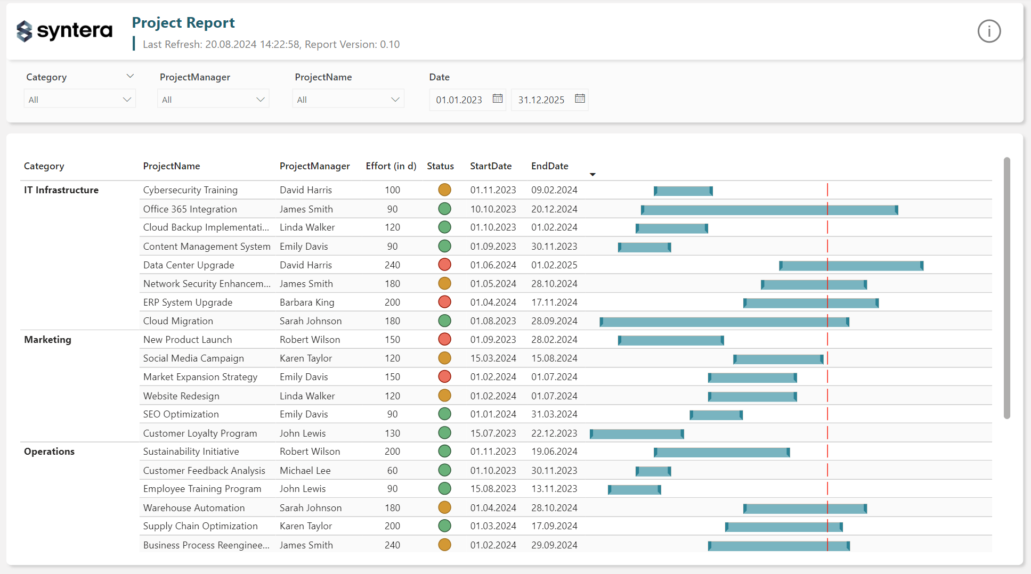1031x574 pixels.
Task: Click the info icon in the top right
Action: [989, 31]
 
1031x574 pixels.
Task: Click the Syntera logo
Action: [64, 31]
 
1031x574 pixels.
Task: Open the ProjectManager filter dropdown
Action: [213, 100]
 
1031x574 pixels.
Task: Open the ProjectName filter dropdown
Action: [348, 100]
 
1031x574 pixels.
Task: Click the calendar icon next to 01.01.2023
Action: [498, 99]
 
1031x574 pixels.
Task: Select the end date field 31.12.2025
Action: [541, 100]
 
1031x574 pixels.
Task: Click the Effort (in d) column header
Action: [391, 166]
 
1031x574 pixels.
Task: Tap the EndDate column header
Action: [549, 166]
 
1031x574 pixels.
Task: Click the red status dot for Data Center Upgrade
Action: [444, 265]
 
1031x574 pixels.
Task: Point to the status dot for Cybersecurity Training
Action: [444, 190]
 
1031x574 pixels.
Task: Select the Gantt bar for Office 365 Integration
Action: [769, 210]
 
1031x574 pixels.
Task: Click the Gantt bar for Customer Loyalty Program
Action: [637, 434]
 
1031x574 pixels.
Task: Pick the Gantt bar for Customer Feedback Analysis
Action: [653, 471]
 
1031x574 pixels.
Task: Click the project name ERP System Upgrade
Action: [188, 302]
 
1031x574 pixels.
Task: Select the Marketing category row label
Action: [47, 340]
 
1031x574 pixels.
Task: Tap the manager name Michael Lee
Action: [305, 471]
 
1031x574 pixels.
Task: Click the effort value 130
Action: [392, 433]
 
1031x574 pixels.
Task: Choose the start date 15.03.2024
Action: [493, 358]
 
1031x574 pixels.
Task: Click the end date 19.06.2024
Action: [554, 452]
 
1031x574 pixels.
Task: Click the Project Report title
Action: [183, 23]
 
